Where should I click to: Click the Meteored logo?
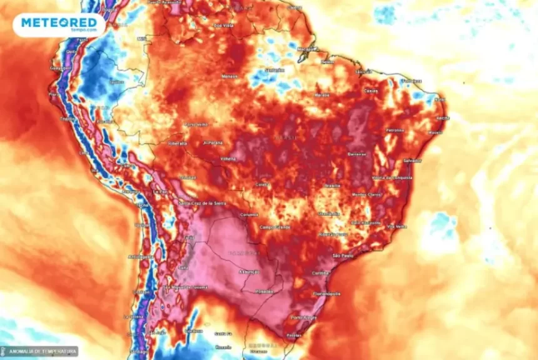[59, 24]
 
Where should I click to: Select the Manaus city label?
[229, 76]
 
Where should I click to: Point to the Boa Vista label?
[223, 26]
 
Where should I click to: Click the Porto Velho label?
[195, 124]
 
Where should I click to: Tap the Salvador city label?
[412, 161]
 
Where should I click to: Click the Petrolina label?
[395, 130]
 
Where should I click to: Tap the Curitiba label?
[320, 272]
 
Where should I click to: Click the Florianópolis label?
[326, 293]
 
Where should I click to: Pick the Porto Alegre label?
[304, 317]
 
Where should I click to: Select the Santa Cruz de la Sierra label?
[202, 202]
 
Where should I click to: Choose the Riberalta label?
[178, 143]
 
